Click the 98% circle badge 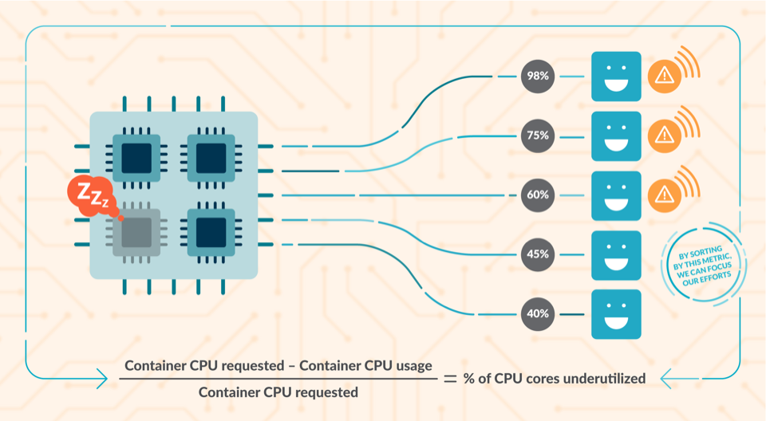coord(536,76)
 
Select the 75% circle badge coord(536,136)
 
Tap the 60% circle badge coord(536,195)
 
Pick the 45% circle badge coord(536,254)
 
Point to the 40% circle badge coord(536,313)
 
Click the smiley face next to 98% coord(616,77)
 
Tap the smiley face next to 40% coord(616,314)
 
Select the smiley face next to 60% coord(616,195)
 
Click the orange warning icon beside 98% coord(663,76)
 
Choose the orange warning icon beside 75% coord(663,136)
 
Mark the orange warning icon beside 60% coord(663,195)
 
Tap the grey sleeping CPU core coord(136,233)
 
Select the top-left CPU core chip coord(136,158)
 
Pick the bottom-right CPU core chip coord(211,233)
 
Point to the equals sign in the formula coord(450,379)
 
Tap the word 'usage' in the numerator coord(413,365)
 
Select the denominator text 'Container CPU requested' coord(278,392)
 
